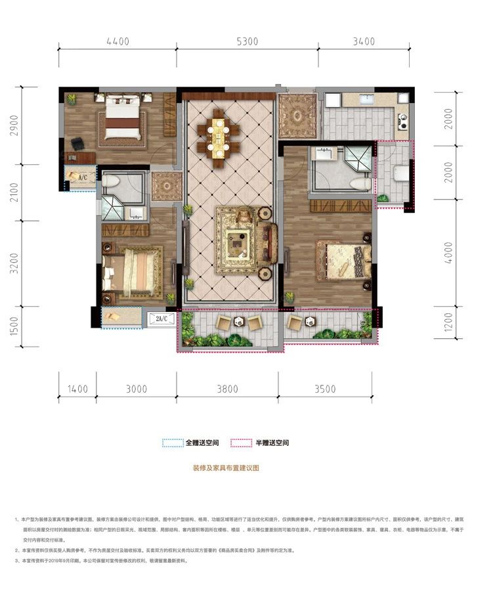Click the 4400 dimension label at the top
tap(117, 41)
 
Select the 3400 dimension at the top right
tap(363, 41)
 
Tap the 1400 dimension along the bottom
tap(77, 389)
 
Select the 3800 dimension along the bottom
tap(226, 389)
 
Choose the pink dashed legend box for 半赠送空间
tap(242, 443)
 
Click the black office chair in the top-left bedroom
tap(78, 142)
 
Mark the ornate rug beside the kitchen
tap(297, 116)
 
